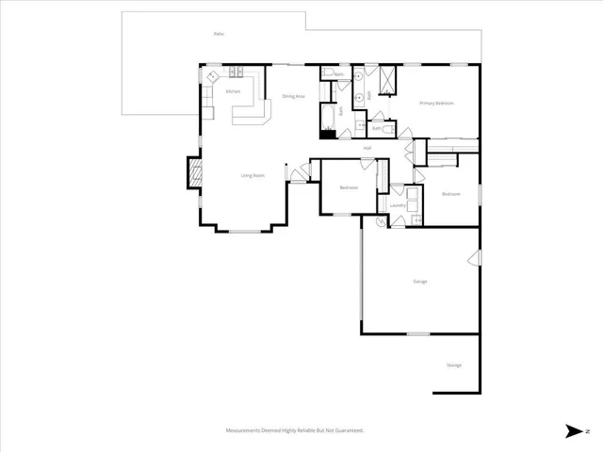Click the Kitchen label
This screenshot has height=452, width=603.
click(233, 91)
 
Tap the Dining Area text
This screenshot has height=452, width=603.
click(293, 96)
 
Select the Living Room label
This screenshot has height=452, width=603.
click(252, 175)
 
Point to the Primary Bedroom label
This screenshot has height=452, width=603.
click(436, 103)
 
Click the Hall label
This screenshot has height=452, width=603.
click(368, 148)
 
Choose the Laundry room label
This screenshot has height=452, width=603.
click(398, 204)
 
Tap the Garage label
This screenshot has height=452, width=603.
click(420, 281)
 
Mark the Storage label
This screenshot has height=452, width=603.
click(454, 364)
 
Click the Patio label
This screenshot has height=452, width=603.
click(218, 34)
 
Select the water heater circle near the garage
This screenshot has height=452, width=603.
click(382, 221)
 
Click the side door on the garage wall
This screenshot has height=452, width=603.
click(476, 257)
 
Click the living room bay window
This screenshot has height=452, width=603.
click(248, 230)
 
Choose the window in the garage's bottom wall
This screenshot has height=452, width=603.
click(417, 333)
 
